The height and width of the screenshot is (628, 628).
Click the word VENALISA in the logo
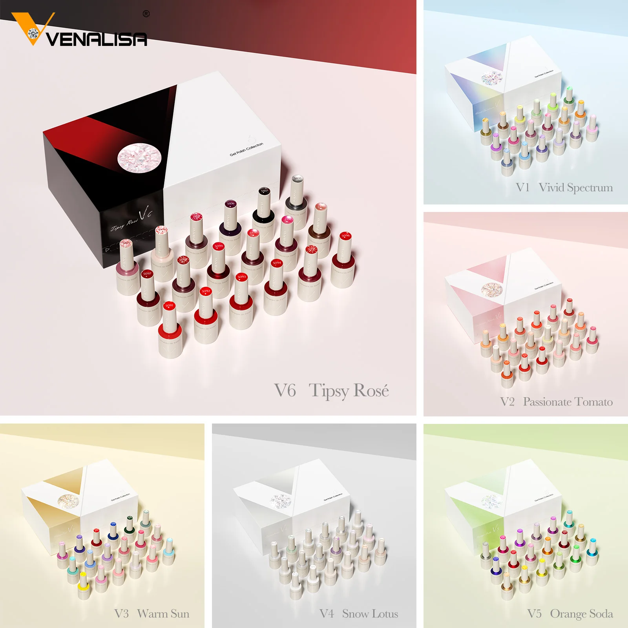tap(97, 39)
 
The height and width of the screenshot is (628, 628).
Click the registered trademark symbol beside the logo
tap(146, 14)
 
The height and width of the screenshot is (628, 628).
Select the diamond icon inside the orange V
tap(33, 34)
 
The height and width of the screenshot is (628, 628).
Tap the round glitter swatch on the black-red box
tap(139, 157)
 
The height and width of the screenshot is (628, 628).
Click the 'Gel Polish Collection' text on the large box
tap(246, 150)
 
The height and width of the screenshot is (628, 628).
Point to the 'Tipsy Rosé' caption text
tap(349, 391)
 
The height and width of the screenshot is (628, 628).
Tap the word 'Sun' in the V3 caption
tap(180, 613)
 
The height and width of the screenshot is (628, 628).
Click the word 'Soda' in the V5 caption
tap(601, 613)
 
